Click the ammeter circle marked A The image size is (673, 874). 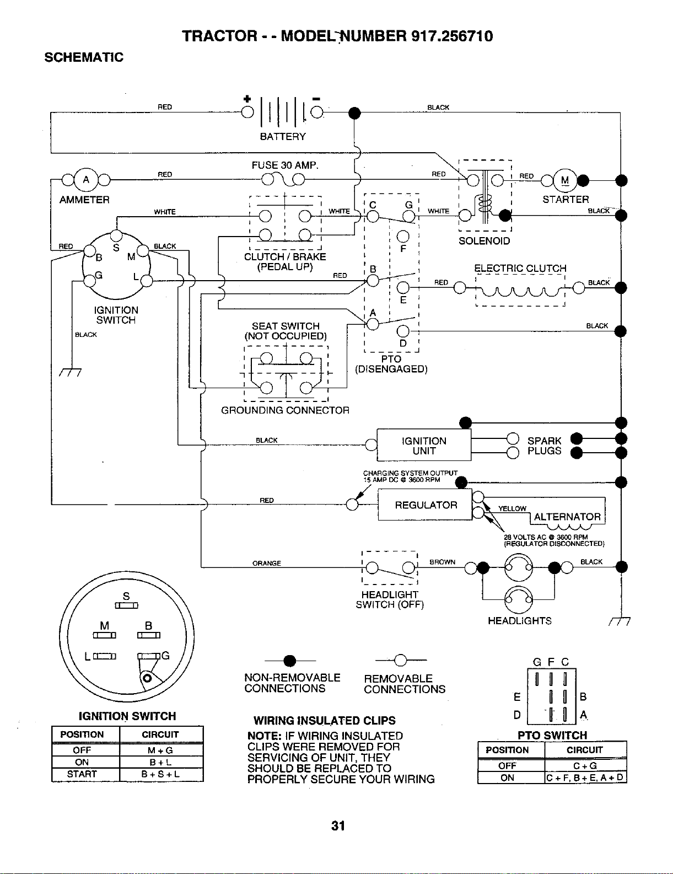point(86,179)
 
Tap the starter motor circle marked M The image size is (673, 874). point(565,181)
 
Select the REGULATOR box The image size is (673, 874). point(425,505)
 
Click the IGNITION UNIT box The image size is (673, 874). point(424,445)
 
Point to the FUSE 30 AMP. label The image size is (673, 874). point(285,165)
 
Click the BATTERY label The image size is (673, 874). point(283,137)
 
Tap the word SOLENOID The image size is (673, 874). point(484,241)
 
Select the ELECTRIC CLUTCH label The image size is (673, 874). point(520,269)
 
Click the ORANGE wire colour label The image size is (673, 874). point(267,563)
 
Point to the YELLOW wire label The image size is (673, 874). point(512,509)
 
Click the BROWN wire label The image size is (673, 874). point(442,562)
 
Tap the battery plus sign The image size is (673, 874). point(247,99)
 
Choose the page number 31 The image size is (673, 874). point(338,825)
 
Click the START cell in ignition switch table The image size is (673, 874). point(82,774)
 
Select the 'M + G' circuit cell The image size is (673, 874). point(160,750)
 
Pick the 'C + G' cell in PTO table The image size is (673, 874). point(585,766)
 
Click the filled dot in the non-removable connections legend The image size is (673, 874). point(289,661)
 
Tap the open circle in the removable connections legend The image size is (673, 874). point(400,660)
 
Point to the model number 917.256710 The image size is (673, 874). point(452,36)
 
